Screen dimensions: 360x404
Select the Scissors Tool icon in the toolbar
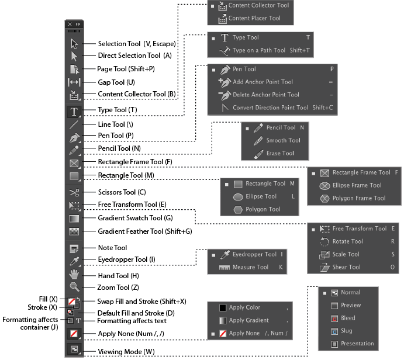pos(74,192)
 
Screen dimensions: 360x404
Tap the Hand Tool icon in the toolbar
pos(74,274)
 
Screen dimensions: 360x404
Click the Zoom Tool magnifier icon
pos(74,287)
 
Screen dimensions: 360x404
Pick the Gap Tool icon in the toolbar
pos(74,82)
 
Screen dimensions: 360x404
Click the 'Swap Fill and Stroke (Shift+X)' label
pos(141,301)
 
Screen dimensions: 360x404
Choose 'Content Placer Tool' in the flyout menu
pos(254,19)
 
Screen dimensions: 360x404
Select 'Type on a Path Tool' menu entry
pos(259,51)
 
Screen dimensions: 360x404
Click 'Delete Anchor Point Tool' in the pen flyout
pos(265,95)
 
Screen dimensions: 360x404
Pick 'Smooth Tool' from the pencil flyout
pos(283,140)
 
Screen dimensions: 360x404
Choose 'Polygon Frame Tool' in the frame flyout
pos(359,198)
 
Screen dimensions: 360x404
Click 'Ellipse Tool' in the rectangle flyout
pos(261,196)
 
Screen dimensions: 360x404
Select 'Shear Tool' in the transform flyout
pos(347,267)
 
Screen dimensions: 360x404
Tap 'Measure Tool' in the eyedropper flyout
pos(250,267)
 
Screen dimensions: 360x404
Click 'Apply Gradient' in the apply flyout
pos(248,320)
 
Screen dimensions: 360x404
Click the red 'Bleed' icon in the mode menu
pos(334,319)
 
